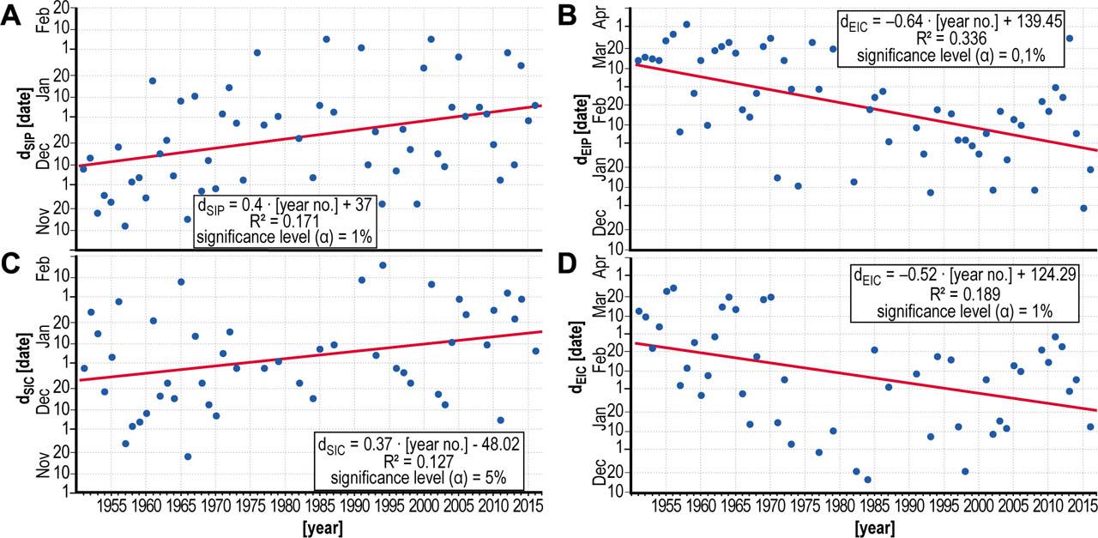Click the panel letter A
(11, 15)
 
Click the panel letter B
(567, 15)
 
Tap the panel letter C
(11, 265)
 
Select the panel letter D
(567, 265)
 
